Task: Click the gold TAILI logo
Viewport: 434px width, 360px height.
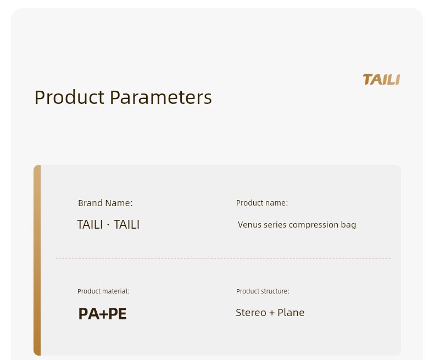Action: pyautogui.click(x=381, y=80)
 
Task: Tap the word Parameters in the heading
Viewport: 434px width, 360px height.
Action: pyautogui.click(x=161, y=97)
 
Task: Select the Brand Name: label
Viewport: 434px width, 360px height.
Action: pyautogui.click(x=105, y=203)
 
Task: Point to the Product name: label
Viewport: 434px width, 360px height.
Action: pyautogui.click(x=262, y=203)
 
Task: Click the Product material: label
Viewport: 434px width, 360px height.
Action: pyautogui.click(x=103, y=291)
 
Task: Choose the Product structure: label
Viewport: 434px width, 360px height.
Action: pyautogui.click(x=263, y=291)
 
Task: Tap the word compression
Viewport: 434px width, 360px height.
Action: pyautogui.click(x=313, y=225)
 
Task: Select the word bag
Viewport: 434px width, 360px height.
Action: pyautogui.click(x=348, y=225)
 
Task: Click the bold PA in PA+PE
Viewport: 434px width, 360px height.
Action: pyautogui.click(x=89, y=314)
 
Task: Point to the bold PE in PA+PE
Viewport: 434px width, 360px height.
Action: pyautogui.click(x=118, y=314)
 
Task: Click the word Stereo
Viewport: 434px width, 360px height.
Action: pyautogui.click(x=251, y=313)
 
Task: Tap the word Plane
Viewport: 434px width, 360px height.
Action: pyautogui.click(x=291, y=312)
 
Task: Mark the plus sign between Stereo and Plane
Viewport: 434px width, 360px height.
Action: pyautogui.click(x=272, y=313)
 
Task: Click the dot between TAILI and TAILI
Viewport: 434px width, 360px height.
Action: pyautogui.click(x=108, y=225)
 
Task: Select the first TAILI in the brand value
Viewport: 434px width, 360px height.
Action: pyautogui.click(x=90, y=224)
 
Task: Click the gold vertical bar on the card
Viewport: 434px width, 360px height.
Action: pyautogui.click(x=37, y=260)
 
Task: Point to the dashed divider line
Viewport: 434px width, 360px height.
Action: pyautogui.click(x=223, y=258)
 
